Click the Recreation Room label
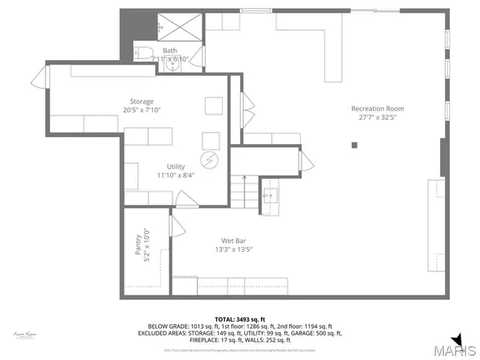[378, 109]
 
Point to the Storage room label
[142, 101]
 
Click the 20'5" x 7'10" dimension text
[142, 110]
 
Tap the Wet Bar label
[234, 241]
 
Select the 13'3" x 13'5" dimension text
[234, 250]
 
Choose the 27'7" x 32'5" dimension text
[378, 118]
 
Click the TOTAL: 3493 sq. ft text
[240, 319]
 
